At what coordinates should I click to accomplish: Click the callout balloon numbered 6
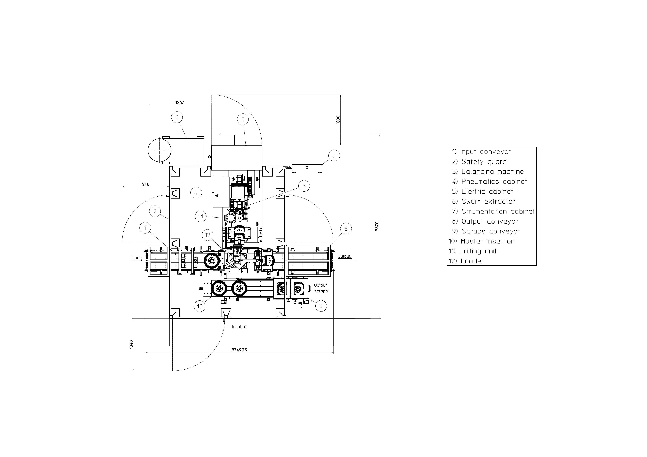pyautogui.click(x=177, y=117)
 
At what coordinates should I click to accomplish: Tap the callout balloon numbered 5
pyautogui.click(x=243, y=119)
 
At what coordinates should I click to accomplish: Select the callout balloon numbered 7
pyautogui.click(x=334, y=156)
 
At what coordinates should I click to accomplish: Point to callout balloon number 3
pyautogui.click(x=304, y=186)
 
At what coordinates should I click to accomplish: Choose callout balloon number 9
pyautogui.click(x=321, y=306)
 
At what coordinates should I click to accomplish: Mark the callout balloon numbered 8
pyautogui.click(x=346, y=228)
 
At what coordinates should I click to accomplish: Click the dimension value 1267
pyautogui.click(x=180, y=103)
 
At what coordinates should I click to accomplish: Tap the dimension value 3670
pyautogui.click(x=377, y=226)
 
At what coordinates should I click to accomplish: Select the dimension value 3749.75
pyautogui.click(x=239, y=350)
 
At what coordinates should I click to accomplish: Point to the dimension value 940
pyautogui.click(x=146, y=184)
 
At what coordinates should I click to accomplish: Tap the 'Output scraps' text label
pyautogui.click(x=321, y=288)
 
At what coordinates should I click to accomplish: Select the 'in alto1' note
pyautogui.click(x=239, y=327)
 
